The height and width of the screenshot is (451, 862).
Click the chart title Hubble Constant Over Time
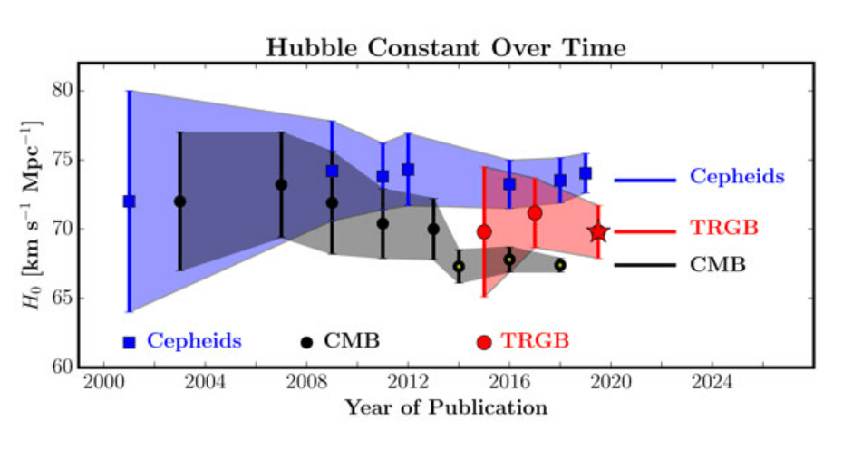pos(446,48)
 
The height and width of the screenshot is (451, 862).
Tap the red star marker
pos(598,232)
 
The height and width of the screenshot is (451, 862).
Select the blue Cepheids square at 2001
pos(130,201)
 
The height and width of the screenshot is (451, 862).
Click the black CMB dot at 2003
pos(179,201)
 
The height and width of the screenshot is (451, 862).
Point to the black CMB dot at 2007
pos(281,184)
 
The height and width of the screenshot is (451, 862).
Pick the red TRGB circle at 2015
pos(484,232)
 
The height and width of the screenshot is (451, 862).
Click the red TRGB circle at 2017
pos(535,213)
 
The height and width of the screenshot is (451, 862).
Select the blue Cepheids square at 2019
pos(586,173)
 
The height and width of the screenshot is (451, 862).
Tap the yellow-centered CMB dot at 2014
pos(459,267)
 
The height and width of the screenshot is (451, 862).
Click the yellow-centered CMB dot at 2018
pos(560,265)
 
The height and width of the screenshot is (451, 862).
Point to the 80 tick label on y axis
pos(63,91)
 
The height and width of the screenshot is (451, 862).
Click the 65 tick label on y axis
pos(63,298)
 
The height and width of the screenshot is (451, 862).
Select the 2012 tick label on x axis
pos(408,382)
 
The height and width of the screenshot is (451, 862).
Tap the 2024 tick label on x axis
pos(712,382)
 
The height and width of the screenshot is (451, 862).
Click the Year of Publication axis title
pos(446,408)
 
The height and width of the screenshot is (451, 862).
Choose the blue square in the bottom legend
pos(130,342)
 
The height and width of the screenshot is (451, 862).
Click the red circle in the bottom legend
pos(484,342)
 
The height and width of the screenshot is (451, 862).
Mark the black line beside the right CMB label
pos(644,265)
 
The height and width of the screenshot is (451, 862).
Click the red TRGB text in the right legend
pos(724,228)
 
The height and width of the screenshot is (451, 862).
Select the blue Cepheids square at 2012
pos(408,170)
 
